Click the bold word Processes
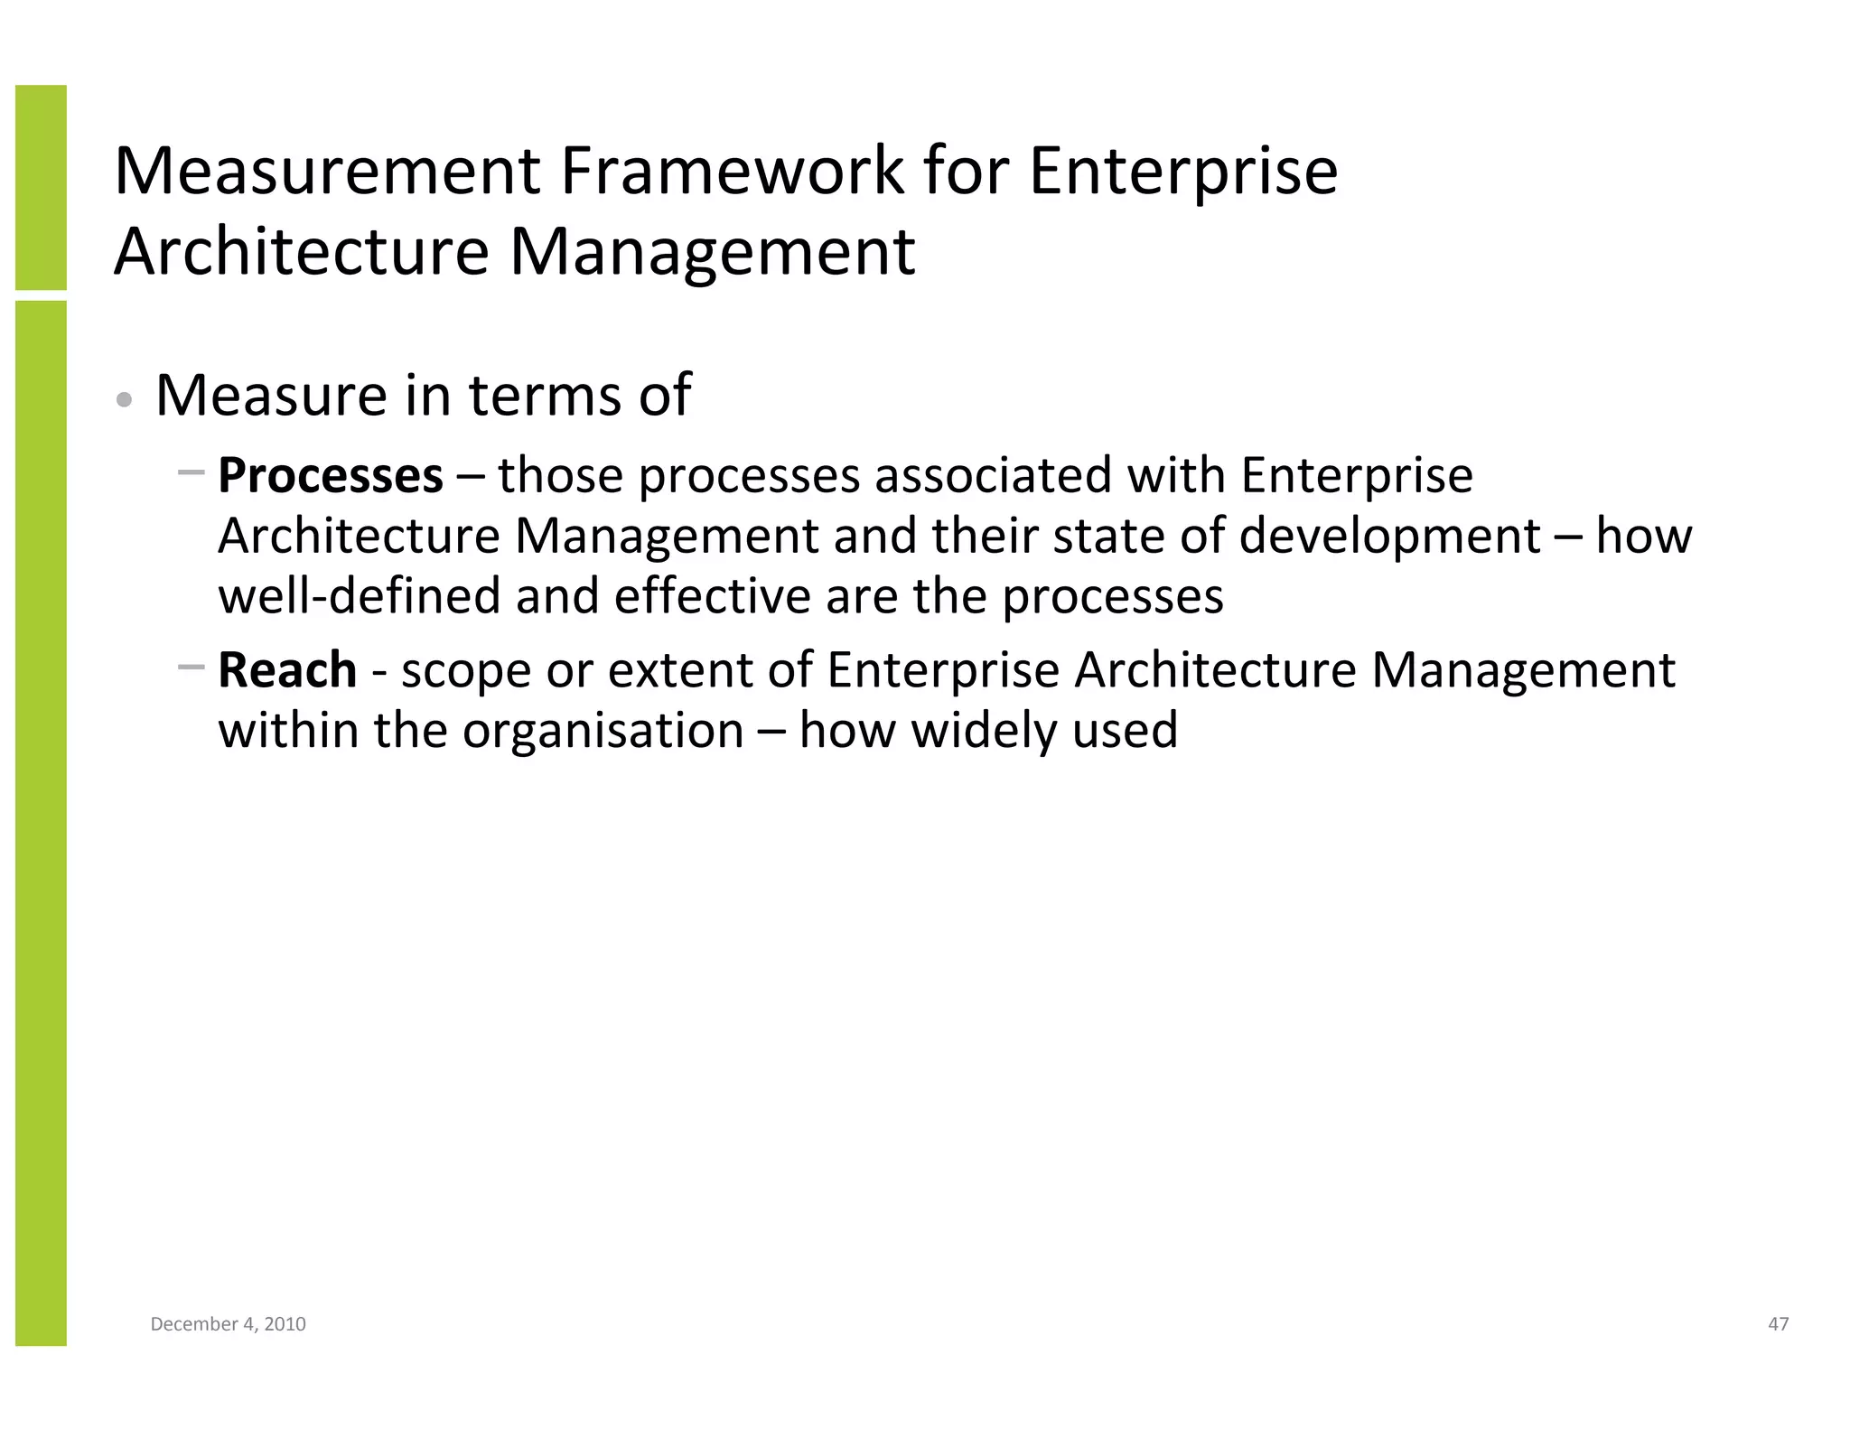tap(331, 476)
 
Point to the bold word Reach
tap(287, 670)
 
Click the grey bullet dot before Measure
tap(126, 399)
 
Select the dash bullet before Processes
tap(192, 472)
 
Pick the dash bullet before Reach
tap(192, 668)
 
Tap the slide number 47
tap(1778, 1324)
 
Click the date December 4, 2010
tap(228, 1324)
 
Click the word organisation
tap(603, 730)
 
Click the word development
tap(1388, 537)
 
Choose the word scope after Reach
tap(466, 670)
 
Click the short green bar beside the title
tap(41, 187)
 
